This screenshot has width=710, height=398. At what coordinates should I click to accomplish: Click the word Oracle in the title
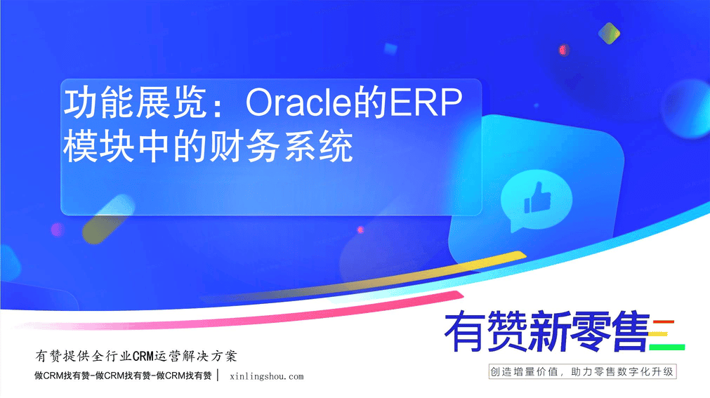point(298,102)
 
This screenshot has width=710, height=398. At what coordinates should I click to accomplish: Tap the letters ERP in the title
point(425,102)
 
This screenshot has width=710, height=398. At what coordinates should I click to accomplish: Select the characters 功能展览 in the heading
point(135,102)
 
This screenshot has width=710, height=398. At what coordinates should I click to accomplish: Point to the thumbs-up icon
point(537,198)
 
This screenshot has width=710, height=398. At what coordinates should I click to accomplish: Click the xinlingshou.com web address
point(267,377)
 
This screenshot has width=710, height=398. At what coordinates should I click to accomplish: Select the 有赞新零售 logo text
point(547,331)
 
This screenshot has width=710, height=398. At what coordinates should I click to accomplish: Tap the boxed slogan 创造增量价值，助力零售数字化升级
point(582,372)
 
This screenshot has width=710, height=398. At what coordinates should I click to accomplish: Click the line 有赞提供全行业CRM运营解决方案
point(136,356)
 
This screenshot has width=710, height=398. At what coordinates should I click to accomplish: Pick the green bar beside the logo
point(667,347)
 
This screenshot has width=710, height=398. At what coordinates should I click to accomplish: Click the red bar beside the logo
point(664,322)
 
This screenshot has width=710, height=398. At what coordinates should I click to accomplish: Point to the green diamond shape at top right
point(609,33)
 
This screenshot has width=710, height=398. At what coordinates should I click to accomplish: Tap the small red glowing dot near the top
point(563,50)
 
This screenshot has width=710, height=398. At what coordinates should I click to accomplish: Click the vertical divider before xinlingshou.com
point(218,376)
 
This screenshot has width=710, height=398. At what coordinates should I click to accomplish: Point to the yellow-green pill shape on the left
point(109,219)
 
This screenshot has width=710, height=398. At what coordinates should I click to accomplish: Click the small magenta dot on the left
point(58,230)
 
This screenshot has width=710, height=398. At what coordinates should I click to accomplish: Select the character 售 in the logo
point(630,331)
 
